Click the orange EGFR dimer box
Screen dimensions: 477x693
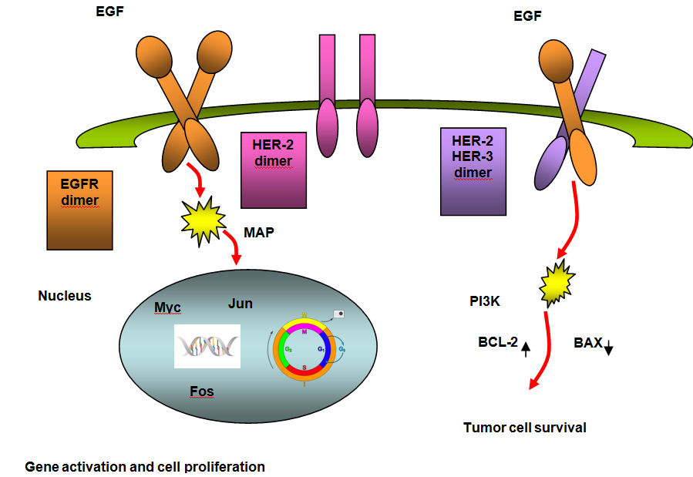click(80, 210)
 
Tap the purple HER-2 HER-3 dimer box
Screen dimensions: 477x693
click(473, 170)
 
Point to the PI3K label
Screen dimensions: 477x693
click(485, 302)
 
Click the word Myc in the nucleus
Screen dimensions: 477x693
click(167, 308)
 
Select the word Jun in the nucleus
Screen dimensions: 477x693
click(241, 304)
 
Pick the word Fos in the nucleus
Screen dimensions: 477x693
click(202, 391)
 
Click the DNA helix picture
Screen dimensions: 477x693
click(207, 346)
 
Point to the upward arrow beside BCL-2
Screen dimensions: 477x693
click(526, 348)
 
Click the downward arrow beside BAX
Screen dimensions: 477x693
click(608, 348)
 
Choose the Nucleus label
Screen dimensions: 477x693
click(64, 295)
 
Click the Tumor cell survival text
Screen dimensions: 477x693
click(524, 428)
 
